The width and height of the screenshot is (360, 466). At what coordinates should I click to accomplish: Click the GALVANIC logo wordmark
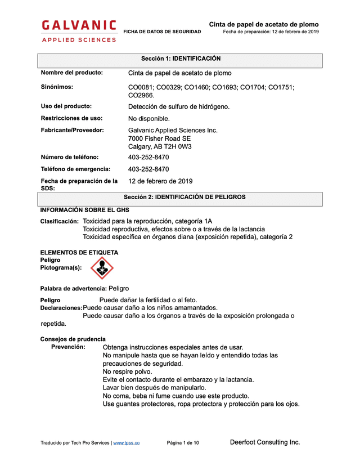79,25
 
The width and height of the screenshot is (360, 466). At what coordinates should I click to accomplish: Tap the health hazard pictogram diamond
102,268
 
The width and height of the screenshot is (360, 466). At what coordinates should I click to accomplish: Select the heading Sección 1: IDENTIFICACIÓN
180,59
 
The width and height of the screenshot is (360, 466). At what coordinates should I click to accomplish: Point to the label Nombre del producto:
71,73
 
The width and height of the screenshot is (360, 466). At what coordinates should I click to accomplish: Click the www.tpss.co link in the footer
127,443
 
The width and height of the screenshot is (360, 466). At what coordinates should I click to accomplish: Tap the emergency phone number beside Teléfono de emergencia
148,169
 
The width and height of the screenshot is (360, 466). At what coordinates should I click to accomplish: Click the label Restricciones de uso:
71,118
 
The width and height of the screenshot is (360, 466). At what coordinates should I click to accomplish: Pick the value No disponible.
148,119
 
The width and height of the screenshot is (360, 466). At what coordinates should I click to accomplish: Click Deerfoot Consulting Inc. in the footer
265,442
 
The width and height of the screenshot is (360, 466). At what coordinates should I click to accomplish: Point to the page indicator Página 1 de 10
183,443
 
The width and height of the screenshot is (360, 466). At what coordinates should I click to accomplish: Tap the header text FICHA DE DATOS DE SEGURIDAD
162,32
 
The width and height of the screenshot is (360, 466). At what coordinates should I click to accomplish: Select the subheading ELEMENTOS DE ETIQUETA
79,253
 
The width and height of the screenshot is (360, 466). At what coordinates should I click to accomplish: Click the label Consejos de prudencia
73,339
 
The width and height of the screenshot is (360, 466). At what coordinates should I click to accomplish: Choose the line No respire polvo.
127,371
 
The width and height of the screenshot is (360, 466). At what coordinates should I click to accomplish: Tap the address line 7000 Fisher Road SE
159,138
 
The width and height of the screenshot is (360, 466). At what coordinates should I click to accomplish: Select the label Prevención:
68,347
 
